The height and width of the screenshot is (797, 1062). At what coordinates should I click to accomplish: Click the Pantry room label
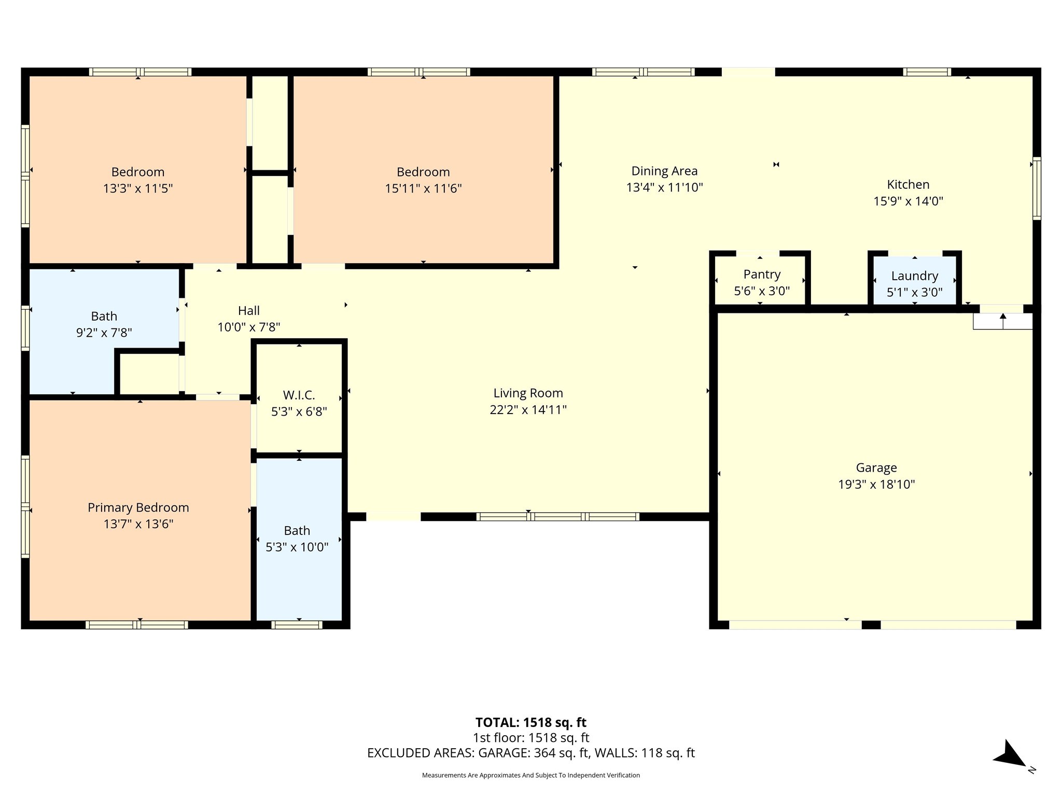(762, 274)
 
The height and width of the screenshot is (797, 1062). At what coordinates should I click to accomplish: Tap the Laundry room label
(914, 276)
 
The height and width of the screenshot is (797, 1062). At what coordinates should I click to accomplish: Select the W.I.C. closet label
(299, 395)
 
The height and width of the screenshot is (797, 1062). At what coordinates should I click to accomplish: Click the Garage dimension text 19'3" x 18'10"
(876, 484)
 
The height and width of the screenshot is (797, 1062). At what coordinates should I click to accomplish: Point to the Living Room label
(528, 393)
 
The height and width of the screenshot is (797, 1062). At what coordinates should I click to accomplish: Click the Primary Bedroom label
(138, 507)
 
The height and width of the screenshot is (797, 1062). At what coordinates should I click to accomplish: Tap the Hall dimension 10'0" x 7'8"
(249, 327)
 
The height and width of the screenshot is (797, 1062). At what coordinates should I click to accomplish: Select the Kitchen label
(908, 185)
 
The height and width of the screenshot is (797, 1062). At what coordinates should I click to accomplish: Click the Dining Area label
(664, 171)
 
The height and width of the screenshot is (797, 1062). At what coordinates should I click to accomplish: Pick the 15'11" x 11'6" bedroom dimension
(423, 188)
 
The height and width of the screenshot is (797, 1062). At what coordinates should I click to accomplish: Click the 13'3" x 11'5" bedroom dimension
(138, 188)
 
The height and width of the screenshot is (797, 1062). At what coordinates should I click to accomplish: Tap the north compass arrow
(1010, 754)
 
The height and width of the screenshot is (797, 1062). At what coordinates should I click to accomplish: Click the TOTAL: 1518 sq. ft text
(530, 722)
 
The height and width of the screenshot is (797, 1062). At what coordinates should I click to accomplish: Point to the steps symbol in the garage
(1002, 321)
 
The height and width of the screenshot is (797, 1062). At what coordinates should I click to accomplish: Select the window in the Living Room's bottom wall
(557, 516)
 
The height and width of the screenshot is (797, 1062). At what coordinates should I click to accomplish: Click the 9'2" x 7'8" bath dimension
(104, 333)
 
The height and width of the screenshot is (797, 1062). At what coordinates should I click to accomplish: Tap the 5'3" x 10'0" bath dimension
(297, 547)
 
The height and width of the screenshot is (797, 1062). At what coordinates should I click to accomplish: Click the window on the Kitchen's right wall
(1036, 188)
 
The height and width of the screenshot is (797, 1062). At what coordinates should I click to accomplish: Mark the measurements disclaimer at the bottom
(530, 775)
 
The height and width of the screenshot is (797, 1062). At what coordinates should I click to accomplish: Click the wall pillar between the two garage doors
(871, 625)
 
